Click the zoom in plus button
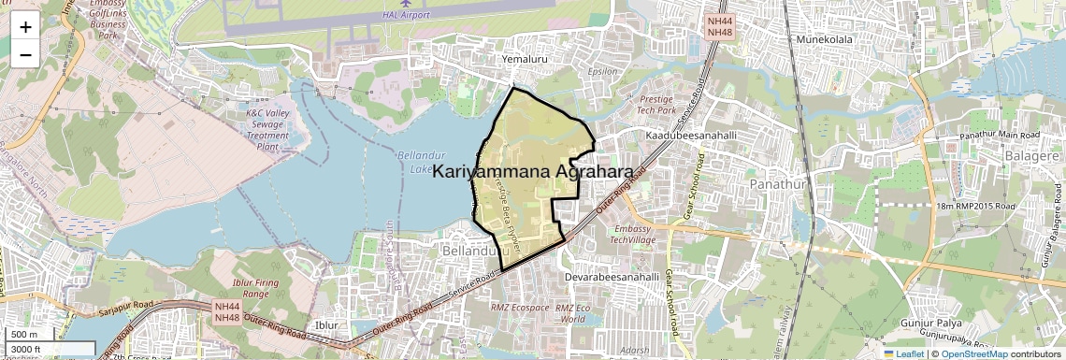(x=25, y=26)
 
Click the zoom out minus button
(x=25, y=54)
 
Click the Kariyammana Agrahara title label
(x=532, y=171)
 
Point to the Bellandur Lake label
(x=418, y=162)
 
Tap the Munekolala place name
(x=826, y=39)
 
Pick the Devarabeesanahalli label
(x=613, y=278)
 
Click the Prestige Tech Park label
(x=663, y=104)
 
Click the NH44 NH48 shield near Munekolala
(x=719, y=26)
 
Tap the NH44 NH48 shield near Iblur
(x=226, y=311)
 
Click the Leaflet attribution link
(x=903, y=353)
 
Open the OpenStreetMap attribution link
(x=973, y=353)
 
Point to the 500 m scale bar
(x=26, y=335)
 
